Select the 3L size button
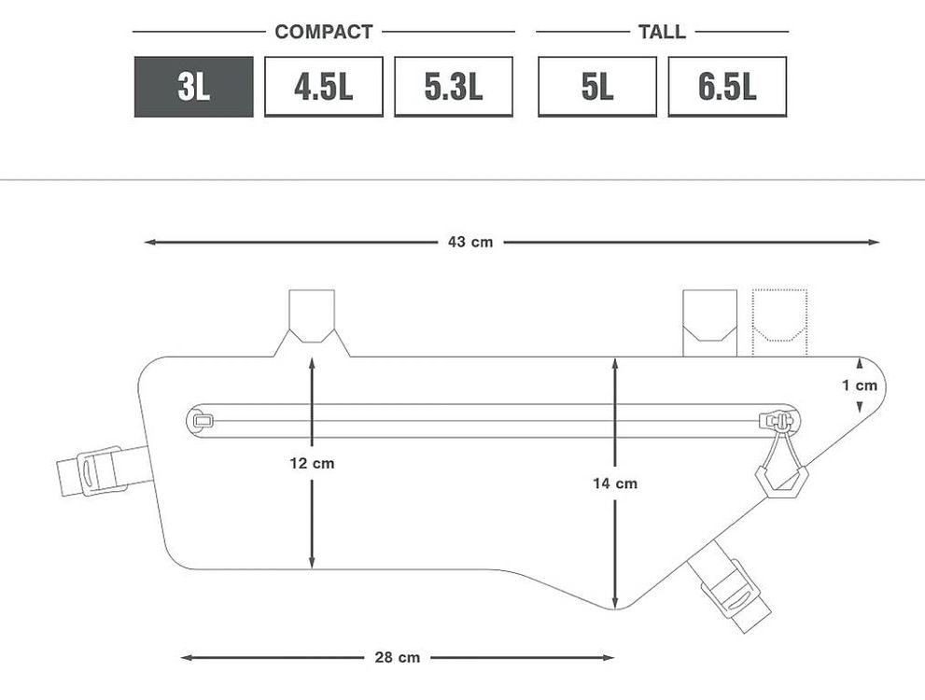(193, 87)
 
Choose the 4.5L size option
(323, 87)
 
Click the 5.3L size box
(453, 87)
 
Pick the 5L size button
(597, 87)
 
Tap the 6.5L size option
(727, 87)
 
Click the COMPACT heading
(324, 32)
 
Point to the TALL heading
(662, 32)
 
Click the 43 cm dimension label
(470, 242)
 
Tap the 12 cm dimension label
(312, 464)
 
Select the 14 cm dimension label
(615, 483)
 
